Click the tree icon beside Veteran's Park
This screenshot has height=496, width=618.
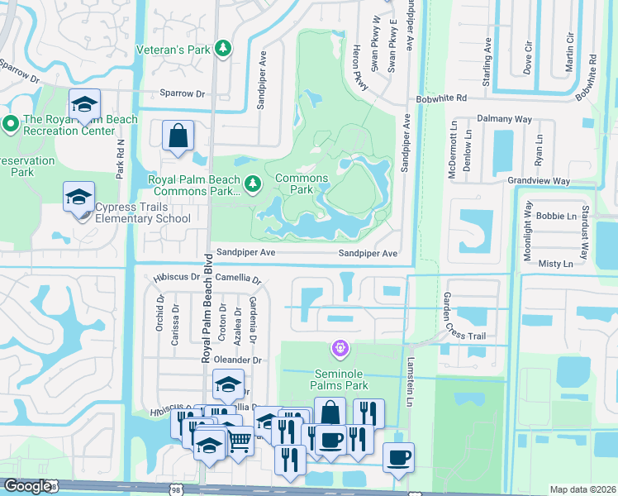[222, 50]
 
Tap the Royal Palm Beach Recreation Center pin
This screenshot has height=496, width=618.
[11, 124]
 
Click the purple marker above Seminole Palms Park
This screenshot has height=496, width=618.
[340, 349]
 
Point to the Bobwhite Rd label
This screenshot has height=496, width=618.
[442, 98]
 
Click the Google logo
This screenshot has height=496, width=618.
[28, 486]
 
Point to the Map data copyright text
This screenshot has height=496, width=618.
[582, 489]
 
